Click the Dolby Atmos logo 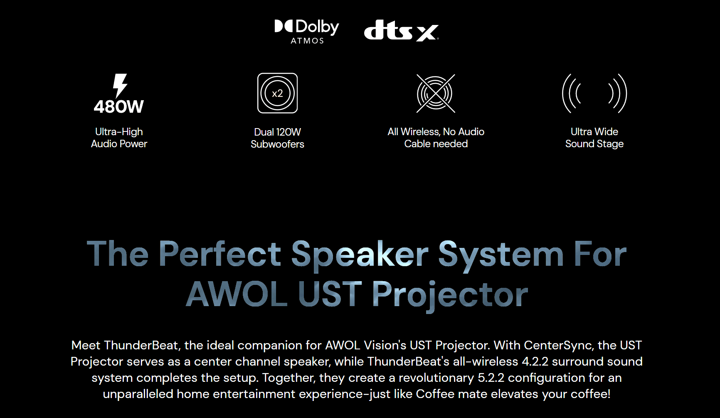point(307,32)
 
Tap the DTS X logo point(401,30)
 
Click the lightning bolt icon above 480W point(120,86)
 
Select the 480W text point(119,107)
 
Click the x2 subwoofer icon point(277,93)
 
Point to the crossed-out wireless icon point(436,93)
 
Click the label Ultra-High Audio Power point(119,138)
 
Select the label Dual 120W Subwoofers point(277,138)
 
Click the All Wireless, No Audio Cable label point(436,138)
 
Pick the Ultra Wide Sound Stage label point(594,138)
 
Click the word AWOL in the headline point(237,294)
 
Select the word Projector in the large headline point(450,295)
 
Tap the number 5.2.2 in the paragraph point(491,378)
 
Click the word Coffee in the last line point(435,394)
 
